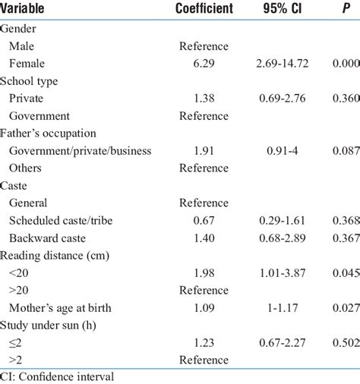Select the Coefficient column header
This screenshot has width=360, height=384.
coord(203,9)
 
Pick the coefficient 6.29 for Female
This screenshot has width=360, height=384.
coord(203,63)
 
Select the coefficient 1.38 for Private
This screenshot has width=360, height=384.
coord(203,98)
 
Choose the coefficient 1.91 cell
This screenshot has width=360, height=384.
coord(203,150)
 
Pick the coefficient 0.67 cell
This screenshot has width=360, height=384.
coord(203,220)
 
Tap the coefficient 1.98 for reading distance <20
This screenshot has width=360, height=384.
coord(203,272)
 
